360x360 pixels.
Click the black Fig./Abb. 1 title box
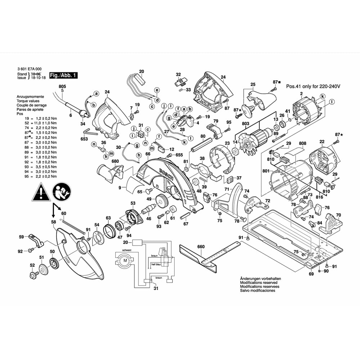(x=63, y=76)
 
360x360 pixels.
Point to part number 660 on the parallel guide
(x=201, y=247)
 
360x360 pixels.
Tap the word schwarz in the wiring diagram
(x=127, y=250)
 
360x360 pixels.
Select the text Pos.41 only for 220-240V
(x=313, y=87)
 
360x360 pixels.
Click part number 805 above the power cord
(x=62, y=86)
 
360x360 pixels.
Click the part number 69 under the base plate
(x=311, y=274)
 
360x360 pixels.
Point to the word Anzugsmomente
(x=30, y=97)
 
